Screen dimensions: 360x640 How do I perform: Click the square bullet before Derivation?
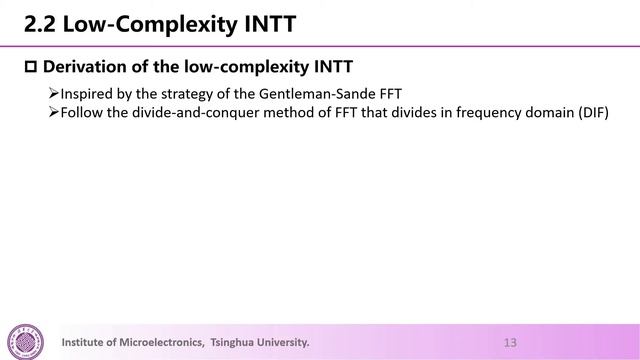coord(29,67)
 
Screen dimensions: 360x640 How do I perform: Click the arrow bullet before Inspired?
coord(54,94)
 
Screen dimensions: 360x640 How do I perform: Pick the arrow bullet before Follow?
coord(54,111)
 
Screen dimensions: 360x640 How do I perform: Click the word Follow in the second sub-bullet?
coord(82,111)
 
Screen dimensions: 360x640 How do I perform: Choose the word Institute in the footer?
coord(86,342)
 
